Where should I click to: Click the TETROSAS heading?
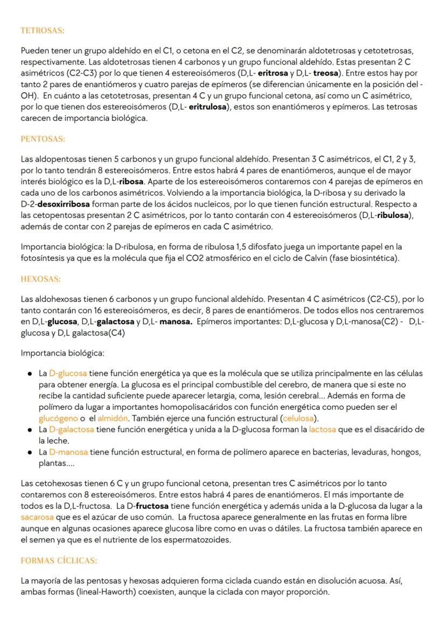tap(42, 31)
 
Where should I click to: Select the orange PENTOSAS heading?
tap(43, 139)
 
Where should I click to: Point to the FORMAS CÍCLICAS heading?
tap(59, 560)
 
